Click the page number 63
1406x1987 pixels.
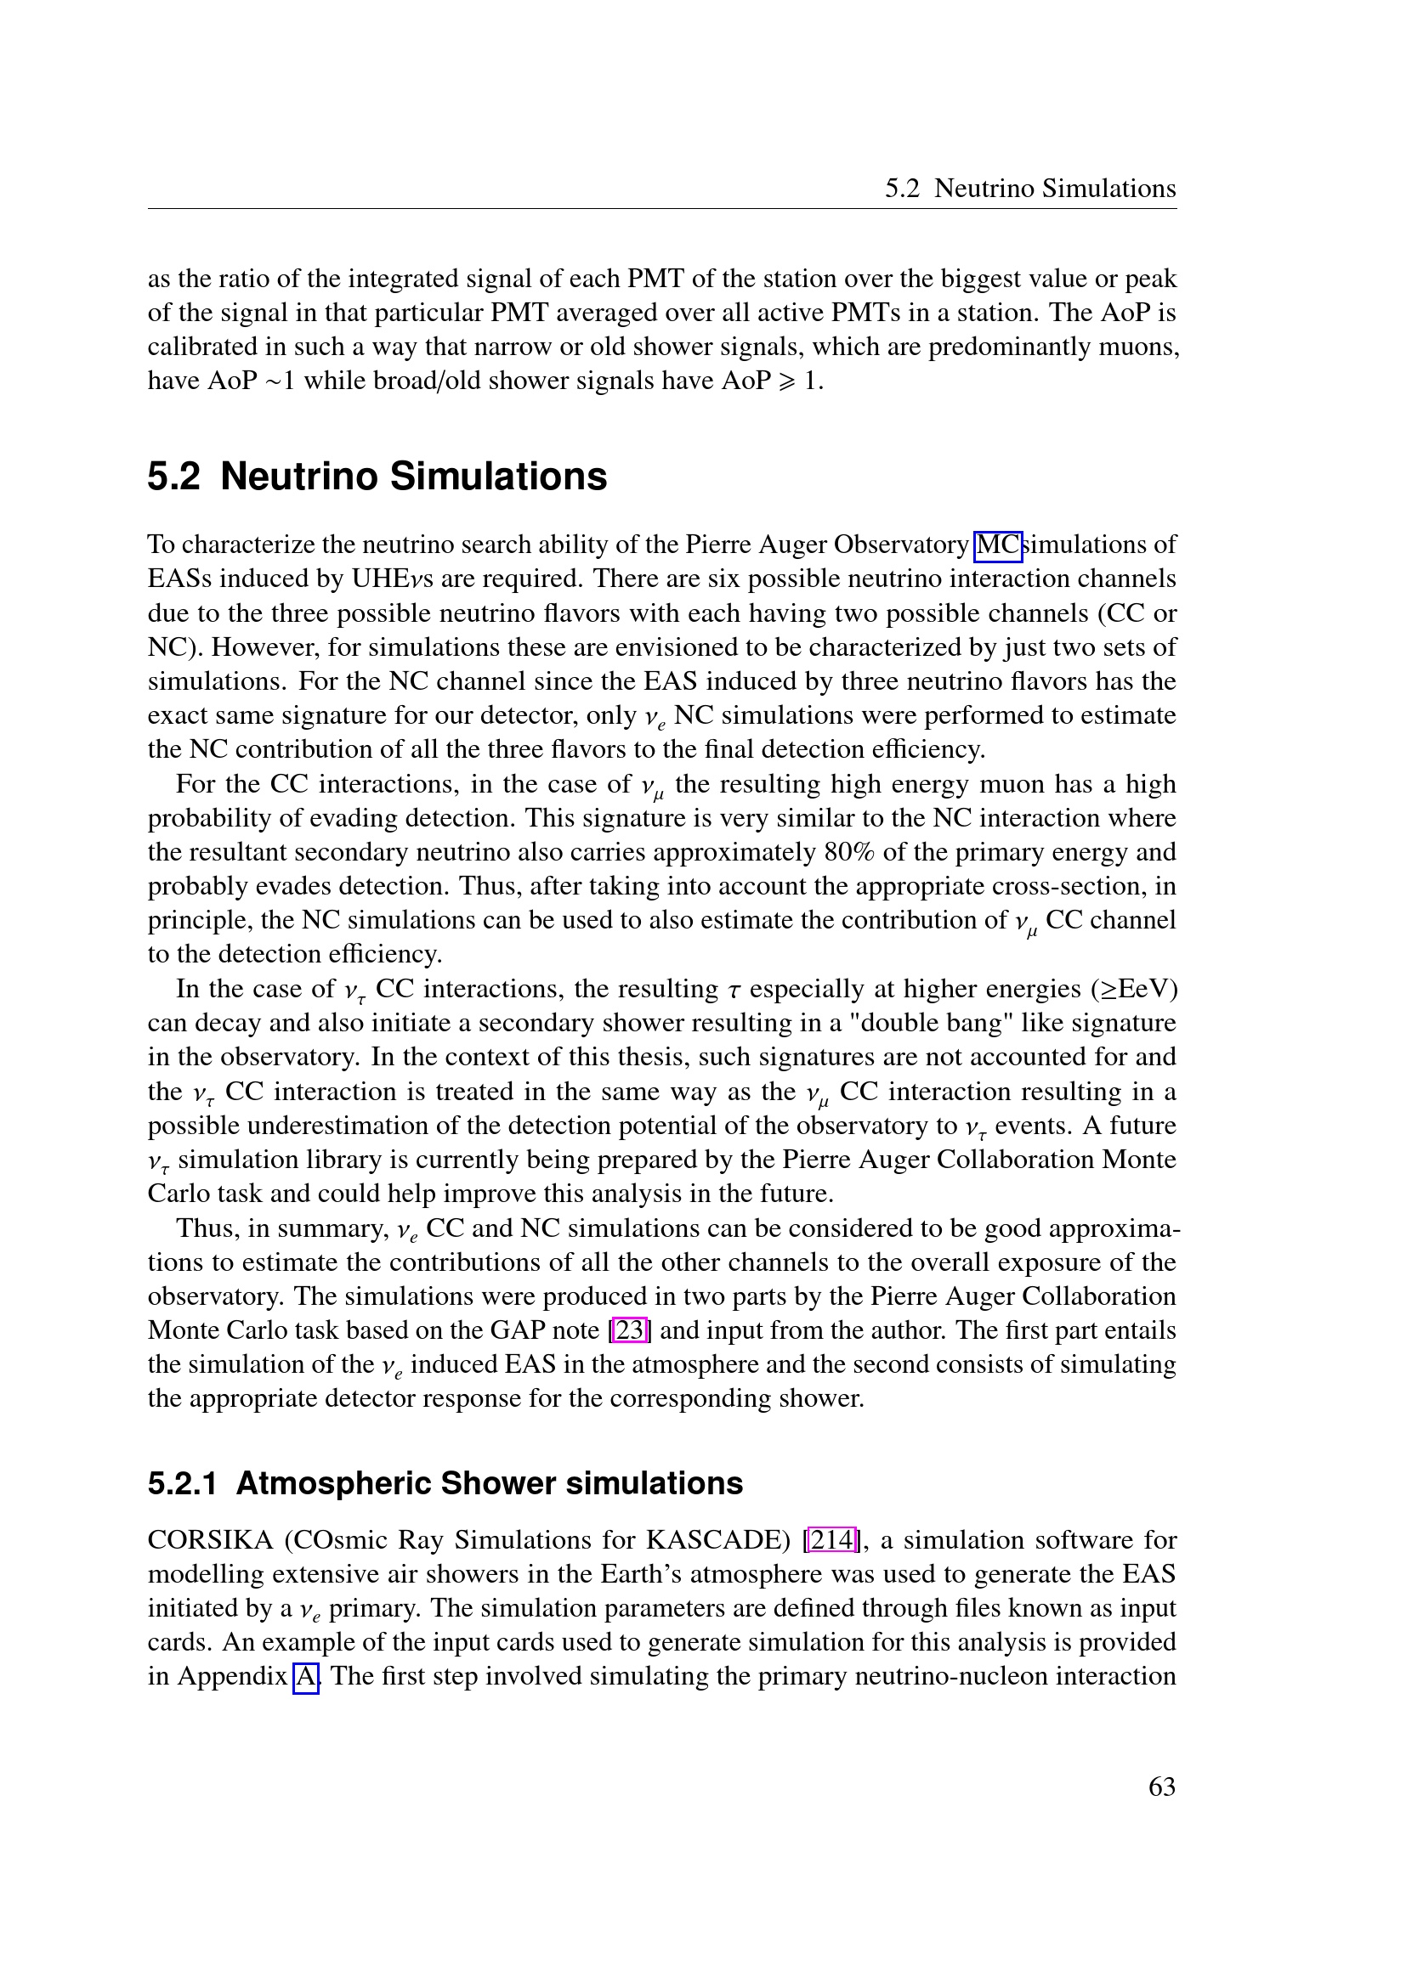pos(1161,1787)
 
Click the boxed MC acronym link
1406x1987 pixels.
pos(998,545)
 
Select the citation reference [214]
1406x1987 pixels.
pos(831,1539)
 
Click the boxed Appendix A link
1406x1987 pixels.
pos(307,1676)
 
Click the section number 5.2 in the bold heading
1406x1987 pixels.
pos(173,477)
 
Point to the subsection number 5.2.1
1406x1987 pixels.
pos(182,1483)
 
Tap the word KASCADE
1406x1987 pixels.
pos(714,1540)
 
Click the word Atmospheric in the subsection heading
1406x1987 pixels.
pos(333,1483)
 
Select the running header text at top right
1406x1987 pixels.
pos(1029,189)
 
